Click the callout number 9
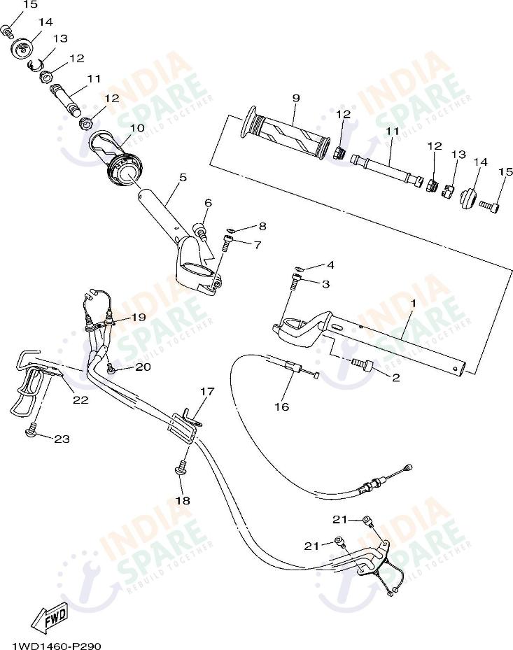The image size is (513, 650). tap(295, 98)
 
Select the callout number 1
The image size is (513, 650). tap(413, 304)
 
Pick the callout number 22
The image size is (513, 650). tap(80, 400)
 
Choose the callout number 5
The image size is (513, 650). tap(182, 178)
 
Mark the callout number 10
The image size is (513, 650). tap(136, 128)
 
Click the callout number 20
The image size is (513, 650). tap(143, 367)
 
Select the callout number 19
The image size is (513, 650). tap(138, 317)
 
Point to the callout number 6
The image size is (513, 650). tap(208, 203)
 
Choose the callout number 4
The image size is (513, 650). tap(330, 265)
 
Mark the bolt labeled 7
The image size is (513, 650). tap(227, 243)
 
